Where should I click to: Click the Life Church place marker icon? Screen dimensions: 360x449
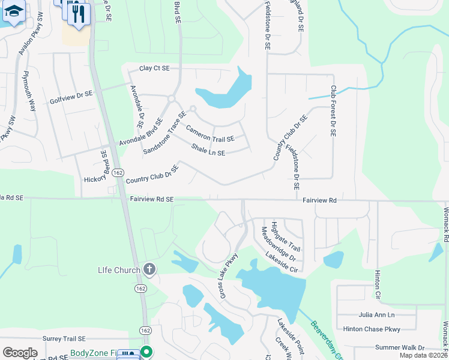(149, 270)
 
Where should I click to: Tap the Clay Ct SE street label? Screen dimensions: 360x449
(155, 68)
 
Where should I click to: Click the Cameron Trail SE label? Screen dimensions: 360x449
(210, 134)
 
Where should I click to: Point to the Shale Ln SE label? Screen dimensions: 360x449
(208, 149)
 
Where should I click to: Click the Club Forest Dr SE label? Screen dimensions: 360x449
(333, 110)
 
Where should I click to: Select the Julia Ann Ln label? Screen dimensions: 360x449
(377, 314)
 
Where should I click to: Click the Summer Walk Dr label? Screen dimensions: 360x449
(399, 348)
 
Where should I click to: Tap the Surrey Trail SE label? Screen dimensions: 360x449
(64, 338)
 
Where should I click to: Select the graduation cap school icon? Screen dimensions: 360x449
(14, 11)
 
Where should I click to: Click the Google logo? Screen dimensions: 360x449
(20, 353)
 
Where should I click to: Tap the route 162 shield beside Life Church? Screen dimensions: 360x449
(139, 289)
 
